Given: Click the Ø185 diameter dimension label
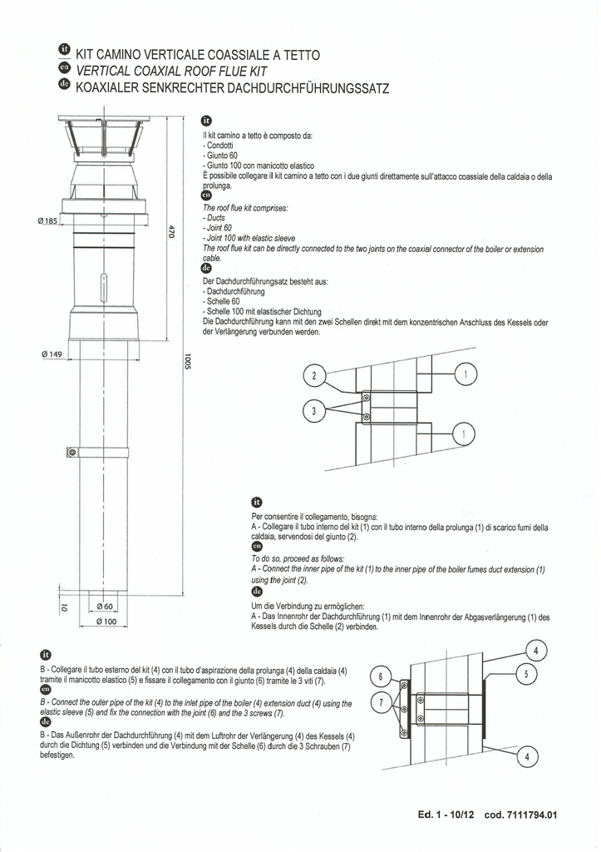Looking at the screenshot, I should [47, 220].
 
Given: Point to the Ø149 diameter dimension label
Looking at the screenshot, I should [52, 354].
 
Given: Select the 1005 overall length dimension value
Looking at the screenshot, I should [189, 364].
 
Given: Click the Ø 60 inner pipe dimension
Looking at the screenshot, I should [104, 607].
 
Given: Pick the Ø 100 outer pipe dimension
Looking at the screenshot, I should [105, 621].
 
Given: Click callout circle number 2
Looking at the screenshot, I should [314, 377].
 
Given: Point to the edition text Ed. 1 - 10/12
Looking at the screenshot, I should [446, 815].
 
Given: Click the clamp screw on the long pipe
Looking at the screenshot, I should [72, 452].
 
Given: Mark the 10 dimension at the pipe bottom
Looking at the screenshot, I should [63, 608].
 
